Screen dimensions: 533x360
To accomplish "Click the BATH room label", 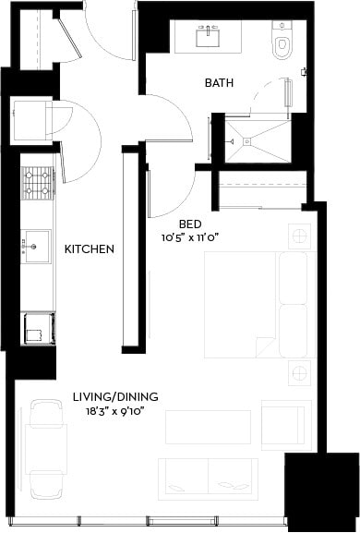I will pyautogui.click(x=219, y=83).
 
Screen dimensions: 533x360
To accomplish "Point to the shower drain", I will pyautogui.click(x=246, y=140).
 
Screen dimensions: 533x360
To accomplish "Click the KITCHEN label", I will pyautogui.click(x=89, y=249).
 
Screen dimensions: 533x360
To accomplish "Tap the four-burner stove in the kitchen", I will pyautogui.click(x=39, y=183).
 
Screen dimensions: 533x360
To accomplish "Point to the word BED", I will pyautogui.click(x=190, y=224).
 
